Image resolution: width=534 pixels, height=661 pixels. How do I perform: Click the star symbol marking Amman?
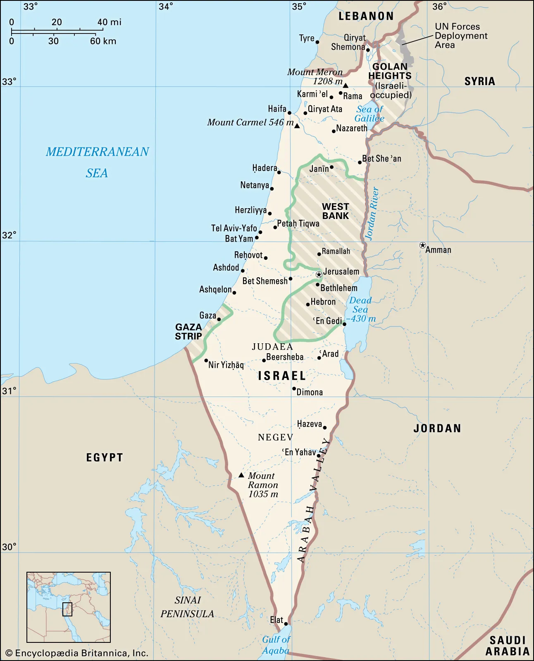[x=422, y=245]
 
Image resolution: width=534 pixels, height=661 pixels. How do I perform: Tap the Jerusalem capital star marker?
[x=319, y=275]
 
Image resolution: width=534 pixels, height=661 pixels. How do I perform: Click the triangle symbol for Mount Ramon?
[x=241, y=476]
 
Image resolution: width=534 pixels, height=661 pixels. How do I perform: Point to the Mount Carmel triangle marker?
[x=297, y=126]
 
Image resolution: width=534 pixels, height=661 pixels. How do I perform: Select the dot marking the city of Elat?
[x=286, y=624]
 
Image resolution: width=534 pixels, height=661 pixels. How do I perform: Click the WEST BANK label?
[x=336, y=211]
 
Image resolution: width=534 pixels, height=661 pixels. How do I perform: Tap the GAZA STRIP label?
[x=188, y=332]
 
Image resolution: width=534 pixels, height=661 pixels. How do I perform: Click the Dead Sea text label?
[x=360, y=305]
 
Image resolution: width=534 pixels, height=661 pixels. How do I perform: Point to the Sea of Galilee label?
[x=370, y=114]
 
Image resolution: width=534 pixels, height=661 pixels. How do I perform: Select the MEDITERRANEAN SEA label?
[x=97, y=162]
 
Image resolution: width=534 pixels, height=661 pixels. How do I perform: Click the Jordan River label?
[x=372, y=214]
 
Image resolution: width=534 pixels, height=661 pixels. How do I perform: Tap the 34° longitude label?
[x=166, y=7]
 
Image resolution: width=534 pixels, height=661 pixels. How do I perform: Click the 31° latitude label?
[x=9, y=391]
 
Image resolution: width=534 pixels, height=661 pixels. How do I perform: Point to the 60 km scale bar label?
[x=103, y=41]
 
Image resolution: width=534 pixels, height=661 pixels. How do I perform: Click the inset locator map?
[x=69, y=607]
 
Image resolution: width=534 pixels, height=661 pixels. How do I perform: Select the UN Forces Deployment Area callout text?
[x=460, y=36]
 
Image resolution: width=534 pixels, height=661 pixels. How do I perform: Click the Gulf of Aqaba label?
[x=276, y=645]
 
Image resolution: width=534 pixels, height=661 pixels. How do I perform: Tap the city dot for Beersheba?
[x=264, y=360]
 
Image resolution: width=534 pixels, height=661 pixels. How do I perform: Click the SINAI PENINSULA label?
[x=187, y=607]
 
